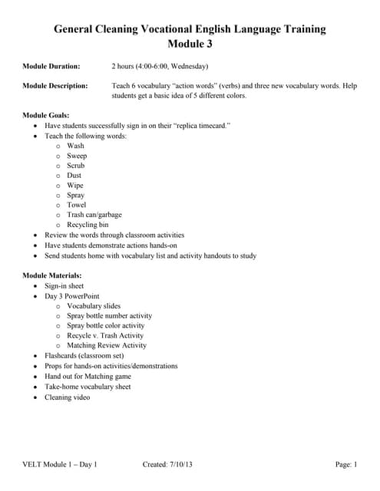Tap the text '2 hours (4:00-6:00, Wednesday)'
pyautogui.click(x=159, y=67)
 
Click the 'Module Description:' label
pyautogui.click(x=55, y=86)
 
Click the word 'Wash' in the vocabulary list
pyautogui.click(x=75, y=146)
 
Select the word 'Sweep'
pyautogui.click(x=77, y=156)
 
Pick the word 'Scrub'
pyautogui.click(x=76, y=166)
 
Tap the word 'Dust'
pyautogui.click(x=74, y=176)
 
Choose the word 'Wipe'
pyautogui.click(x=75, y=186)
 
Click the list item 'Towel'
pyautogui.click(x=77, y=206)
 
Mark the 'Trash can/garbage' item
pyautogui.click(x=94, y=216)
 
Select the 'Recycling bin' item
pyautogui.click(x=88, y=226)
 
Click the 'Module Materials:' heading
pyautogui.click(x=52, y=275)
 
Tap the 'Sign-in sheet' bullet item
pyautogui.click(x=64, y=285)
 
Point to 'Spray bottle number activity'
pyautogui.click(x=109, y=315)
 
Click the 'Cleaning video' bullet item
pyautogui.click(x=67, y=397)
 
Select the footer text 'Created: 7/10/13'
pyautogui.click(x=167, y=464)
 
